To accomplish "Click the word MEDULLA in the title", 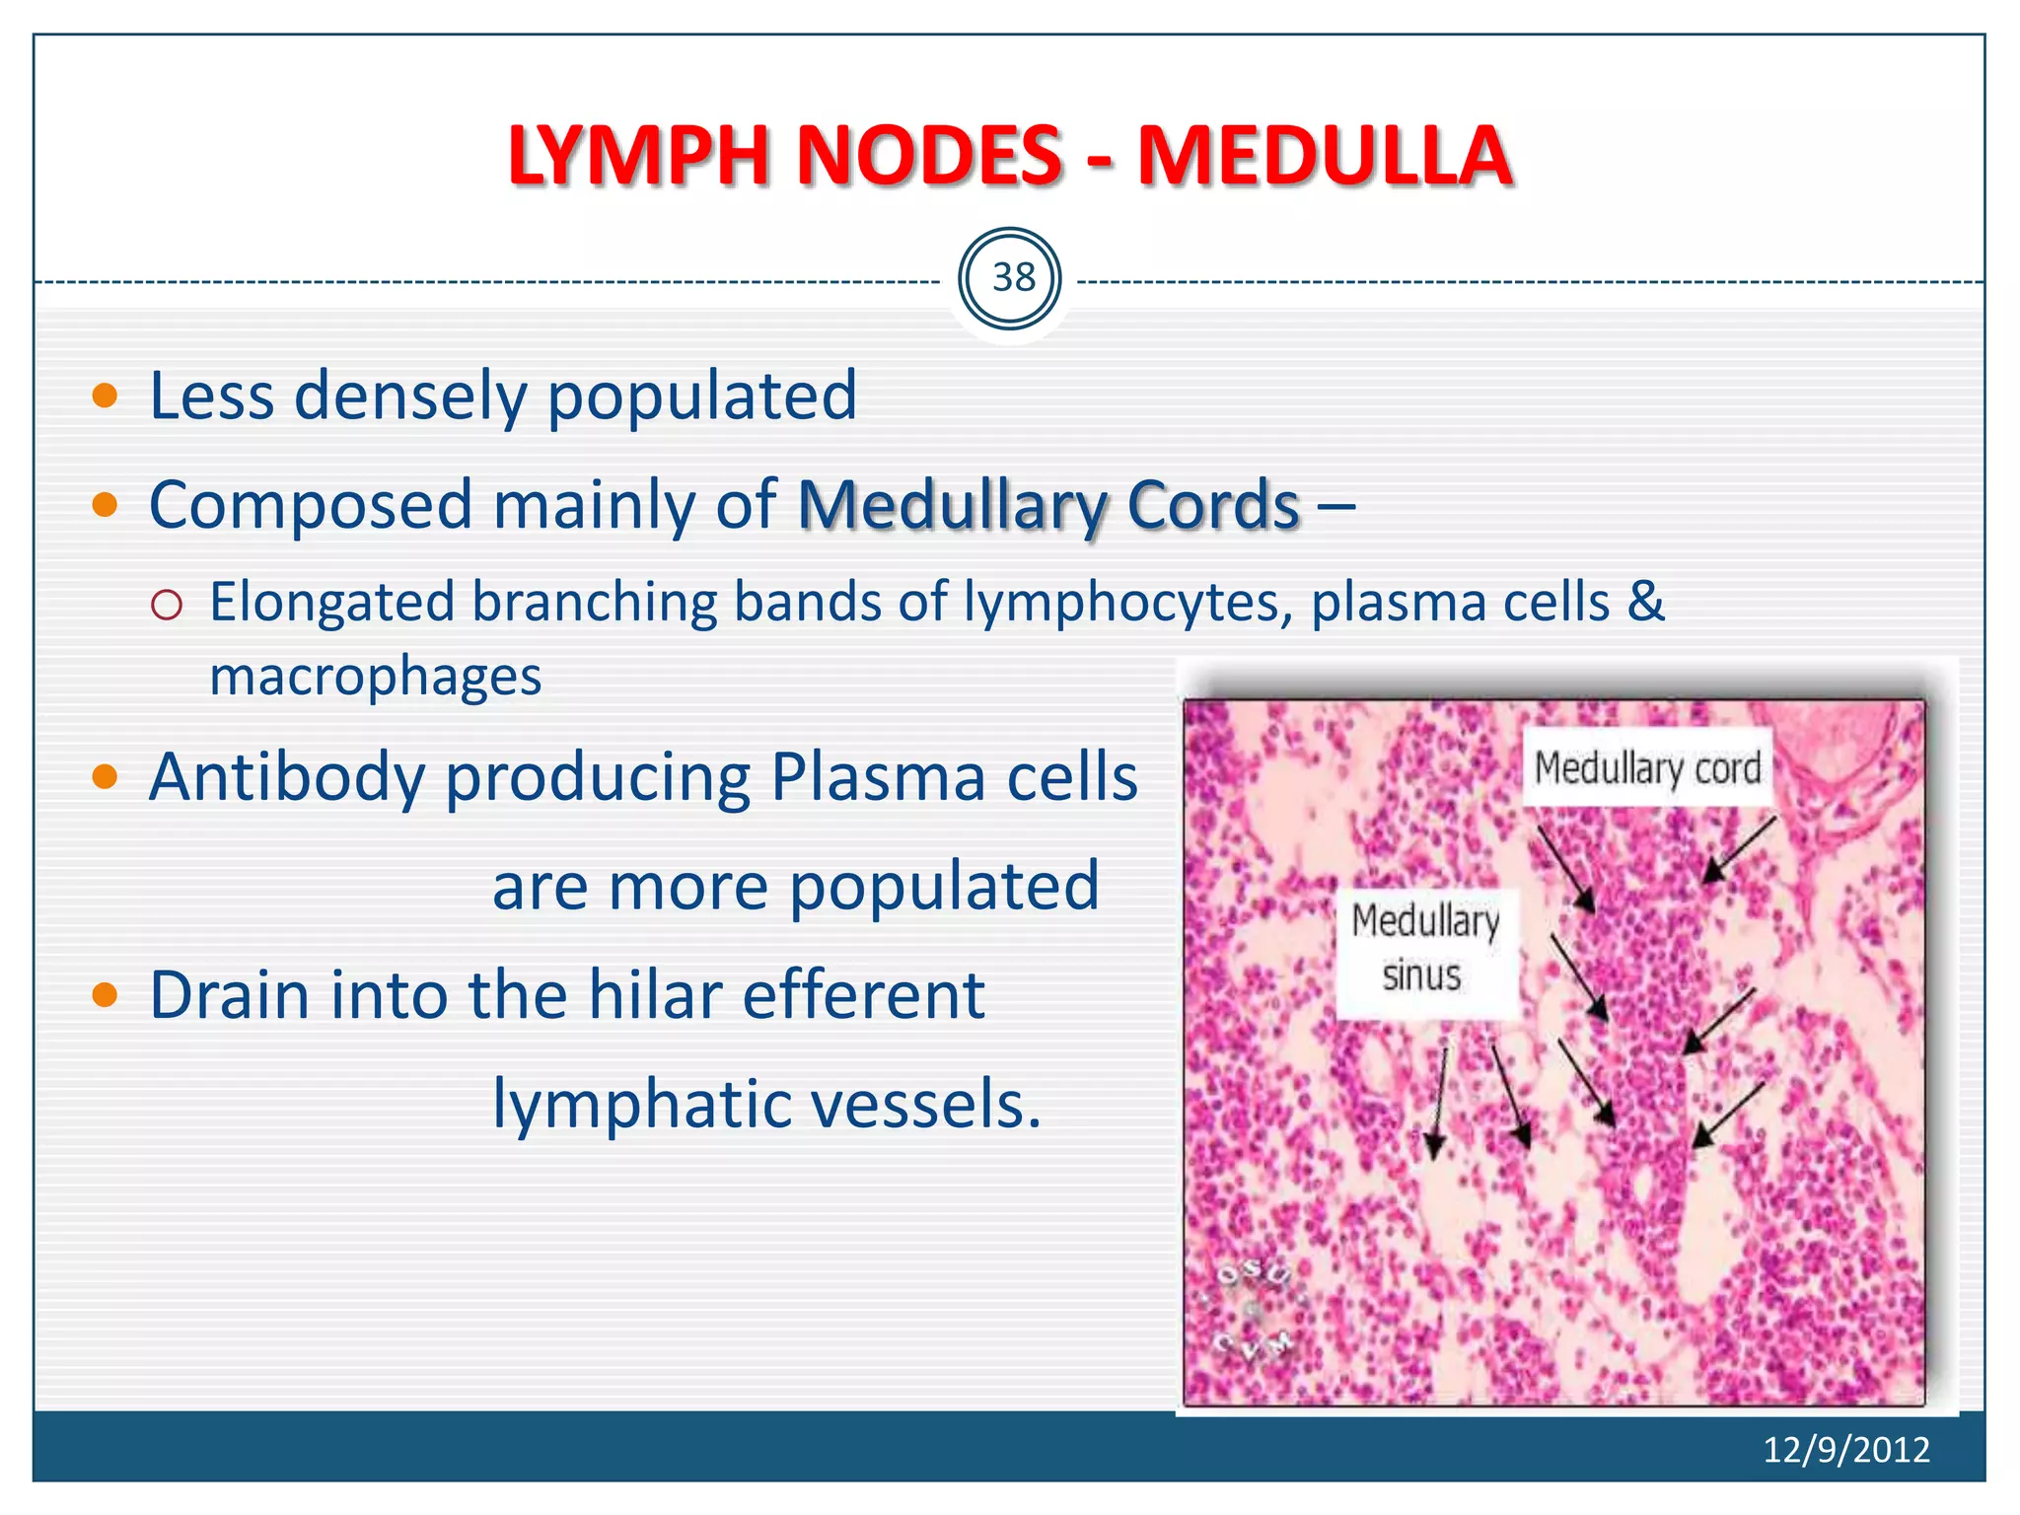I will click(1325, 156).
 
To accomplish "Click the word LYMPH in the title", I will click(637, 156).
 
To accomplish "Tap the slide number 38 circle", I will click(1010, 278).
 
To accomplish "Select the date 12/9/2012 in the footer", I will click(1845, 1449).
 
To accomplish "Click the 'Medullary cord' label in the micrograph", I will click(1646, 767).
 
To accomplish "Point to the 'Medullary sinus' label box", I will click(1424, 949).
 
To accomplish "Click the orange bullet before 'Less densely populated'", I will click(105, 397).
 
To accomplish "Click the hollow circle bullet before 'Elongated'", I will click(167, 605).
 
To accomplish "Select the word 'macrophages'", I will click(375, 677).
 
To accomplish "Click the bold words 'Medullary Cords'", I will click(1048, 505).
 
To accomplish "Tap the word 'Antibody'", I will click(286, 776).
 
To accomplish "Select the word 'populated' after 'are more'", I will click(944, 886).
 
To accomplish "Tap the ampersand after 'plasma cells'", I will click(1645, 602).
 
